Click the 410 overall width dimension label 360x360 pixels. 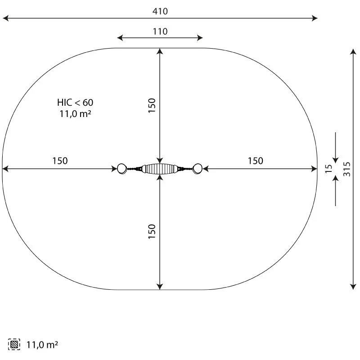[160, 11]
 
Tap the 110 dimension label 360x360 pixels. [160, 31]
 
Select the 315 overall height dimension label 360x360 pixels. [347, 169]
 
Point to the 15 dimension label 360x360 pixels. [329, 169]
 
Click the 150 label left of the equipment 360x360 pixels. [60, 161]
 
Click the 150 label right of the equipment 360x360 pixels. [255, 161]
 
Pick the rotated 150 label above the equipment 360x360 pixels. [152, 106]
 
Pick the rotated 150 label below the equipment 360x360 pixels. [152, 231]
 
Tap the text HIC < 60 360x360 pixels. [75, 103]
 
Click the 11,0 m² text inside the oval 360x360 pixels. [75, 114]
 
